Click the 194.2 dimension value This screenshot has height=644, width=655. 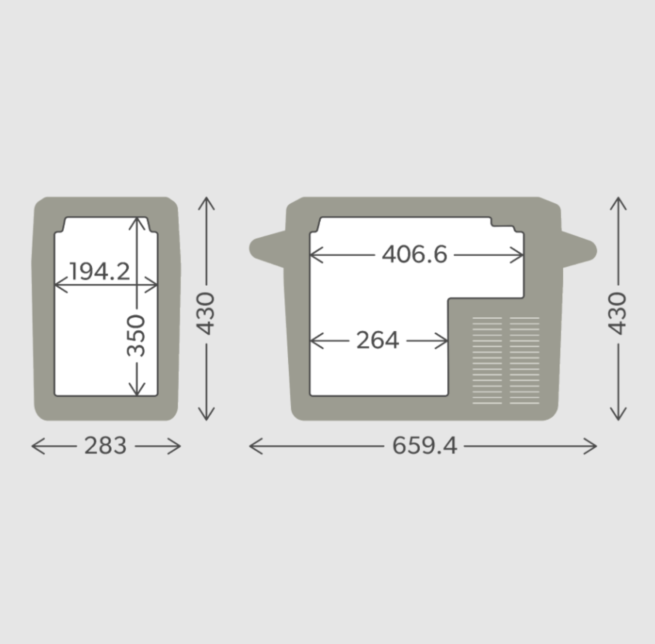click(x=100, y=271)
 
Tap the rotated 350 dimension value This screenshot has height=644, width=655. click(x=136, y=335)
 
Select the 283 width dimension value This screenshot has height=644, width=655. click(x=105, y=446)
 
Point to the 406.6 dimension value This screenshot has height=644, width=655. click(x=414, y=254)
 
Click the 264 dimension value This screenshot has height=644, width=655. click(x=378, y=340)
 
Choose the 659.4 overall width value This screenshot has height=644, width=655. click(x=424, y=446)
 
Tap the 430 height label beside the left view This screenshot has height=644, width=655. click(x=206, y=313)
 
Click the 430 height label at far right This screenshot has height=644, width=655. click(x=618, y=313)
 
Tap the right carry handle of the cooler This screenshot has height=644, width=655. click(x=579, y=249)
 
